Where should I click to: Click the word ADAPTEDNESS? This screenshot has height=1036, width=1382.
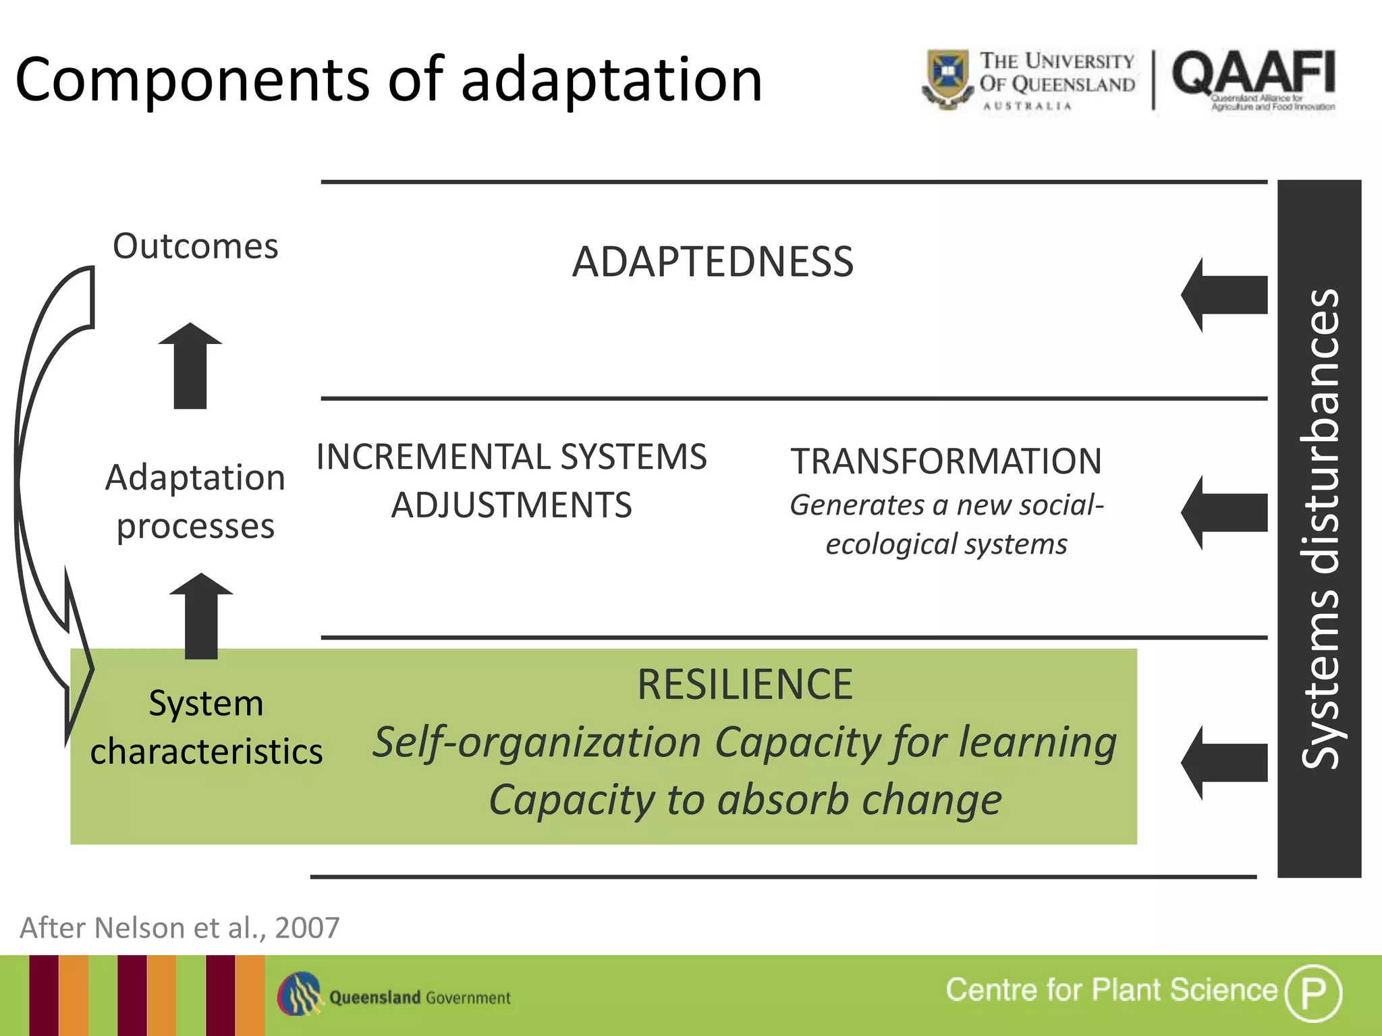coord(713,262)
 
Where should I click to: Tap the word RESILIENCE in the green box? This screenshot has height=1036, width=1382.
coord(745,685)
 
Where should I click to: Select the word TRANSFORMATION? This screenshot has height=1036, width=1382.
coord(946,461)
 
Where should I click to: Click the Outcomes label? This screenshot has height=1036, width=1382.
coord(195,246)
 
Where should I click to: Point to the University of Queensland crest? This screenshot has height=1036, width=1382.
coord(947,78)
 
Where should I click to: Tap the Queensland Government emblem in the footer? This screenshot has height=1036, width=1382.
coord(300,994)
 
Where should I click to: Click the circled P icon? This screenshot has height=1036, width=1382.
coord(1313,993)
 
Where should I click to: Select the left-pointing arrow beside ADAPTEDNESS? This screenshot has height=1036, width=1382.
coord(1224,295)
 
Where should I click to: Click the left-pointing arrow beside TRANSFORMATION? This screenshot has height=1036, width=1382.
coord(1224,513)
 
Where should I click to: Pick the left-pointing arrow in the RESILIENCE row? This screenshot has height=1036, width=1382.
coord(1224,763)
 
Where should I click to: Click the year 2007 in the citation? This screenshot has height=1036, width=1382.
coord(307,928)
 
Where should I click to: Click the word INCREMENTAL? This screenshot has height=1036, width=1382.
coord(433,457)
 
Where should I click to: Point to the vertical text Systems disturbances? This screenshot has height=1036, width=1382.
coord(1319,529)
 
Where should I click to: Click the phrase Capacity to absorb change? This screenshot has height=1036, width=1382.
coord(745,800)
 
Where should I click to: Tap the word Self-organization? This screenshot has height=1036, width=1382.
coord(537,743)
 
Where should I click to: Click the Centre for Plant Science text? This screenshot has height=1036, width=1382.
coord(1111,990)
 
